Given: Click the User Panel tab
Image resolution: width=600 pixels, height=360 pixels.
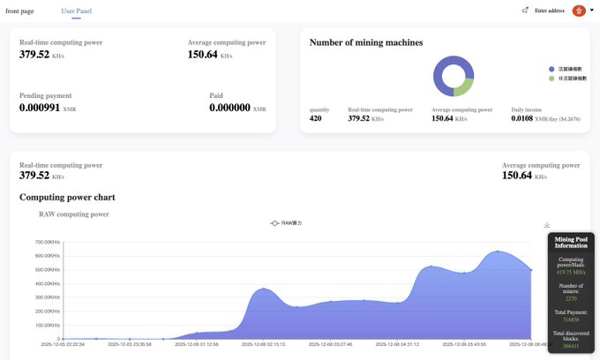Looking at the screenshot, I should coord(76,11).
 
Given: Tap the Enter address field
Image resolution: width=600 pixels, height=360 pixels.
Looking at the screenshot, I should coord(549,11).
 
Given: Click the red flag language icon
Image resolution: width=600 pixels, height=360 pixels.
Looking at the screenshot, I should coord(579,11).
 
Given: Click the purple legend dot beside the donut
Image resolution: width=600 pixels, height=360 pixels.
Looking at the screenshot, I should coord(551,68).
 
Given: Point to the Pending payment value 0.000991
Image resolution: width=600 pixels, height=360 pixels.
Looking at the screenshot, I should coord(40,108).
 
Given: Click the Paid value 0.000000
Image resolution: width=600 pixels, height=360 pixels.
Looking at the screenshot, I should coord(229,108).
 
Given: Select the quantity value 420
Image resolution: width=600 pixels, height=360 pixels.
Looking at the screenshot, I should coord(315,118).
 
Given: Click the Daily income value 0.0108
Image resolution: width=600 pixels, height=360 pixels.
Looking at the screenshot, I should coord(522,118).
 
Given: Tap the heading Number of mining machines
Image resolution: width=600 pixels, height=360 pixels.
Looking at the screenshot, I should coord(366,42).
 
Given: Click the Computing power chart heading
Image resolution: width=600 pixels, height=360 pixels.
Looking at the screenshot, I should coord(67,197).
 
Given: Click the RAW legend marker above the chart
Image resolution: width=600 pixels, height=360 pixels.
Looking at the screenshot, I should coord(275,223).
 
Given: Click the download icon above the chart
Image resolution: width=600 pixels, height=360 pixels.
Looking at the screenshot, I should coord(547,225).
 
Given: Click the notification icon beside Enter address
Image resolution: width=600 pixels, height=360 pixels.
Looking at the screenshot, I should coord(525,11).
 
